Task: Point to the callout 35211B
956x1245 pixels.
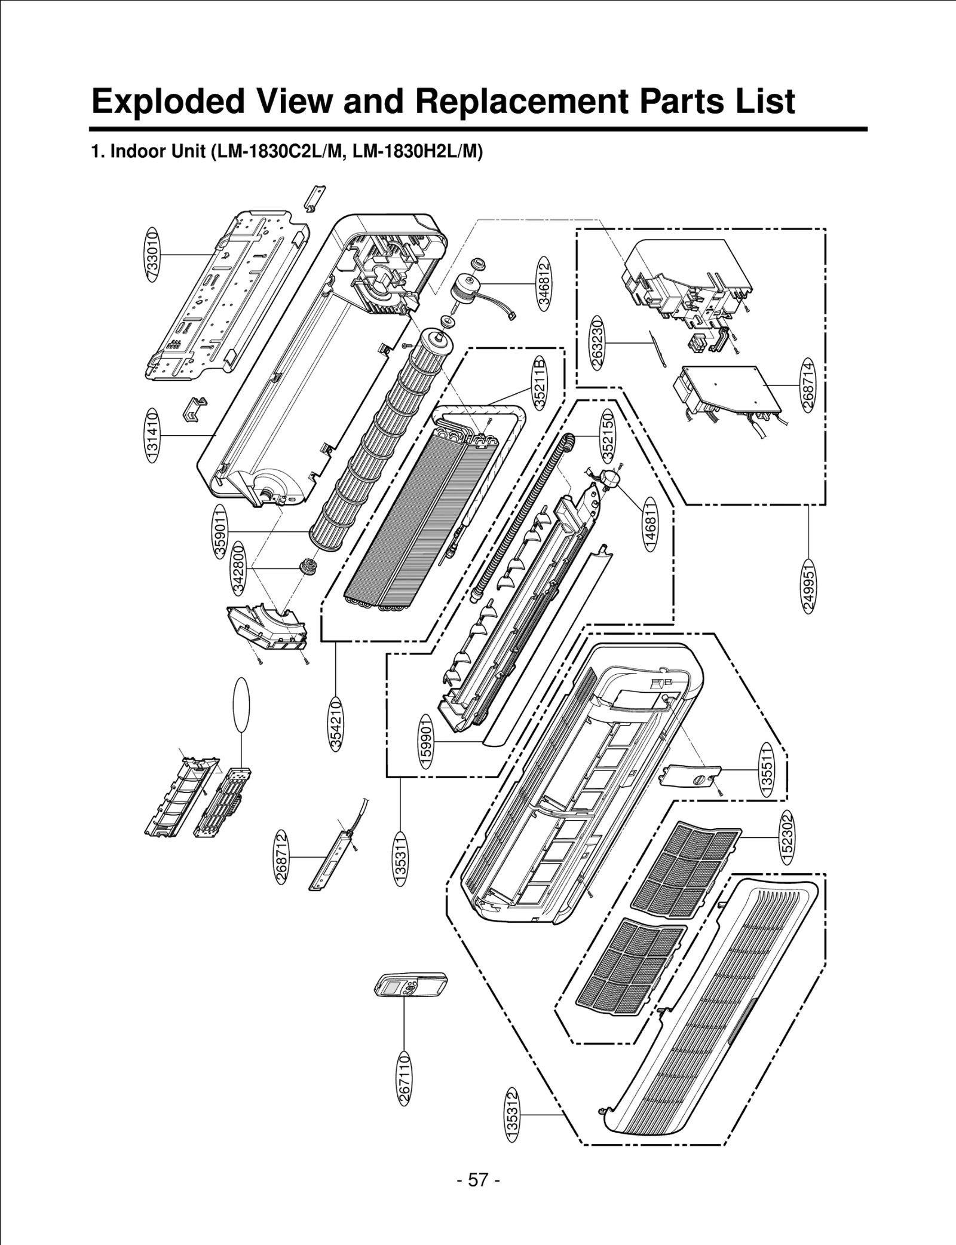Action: (540, 383)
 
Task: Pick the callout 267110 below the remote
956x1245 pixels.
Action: (405, 1078)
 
